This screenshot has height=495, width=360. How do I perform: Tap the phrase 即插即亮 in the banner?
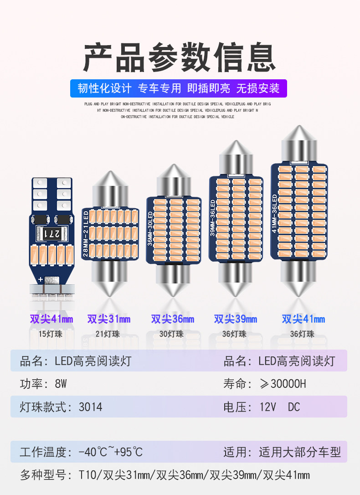pyautogui.click(x=209, y=88)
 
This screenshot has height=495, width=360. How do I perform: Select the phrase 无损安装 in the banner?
pyautogui.click(x=257, y=88)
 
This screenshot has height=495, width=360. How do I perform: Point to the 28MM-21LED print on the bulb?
pyautogui.click(x=85, y=232)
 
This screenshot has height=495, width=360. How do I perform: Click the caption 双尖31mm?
pyautogui.click(x=109, y=319)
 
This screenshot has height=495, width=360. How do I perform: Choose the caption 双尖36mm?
pyautogui.click(x=173, y=319)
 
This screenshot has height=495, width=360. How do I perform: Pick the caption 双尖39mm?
pyautogui.click(x=236, y=319)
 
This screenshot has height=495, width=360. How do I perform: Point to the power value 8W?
pyautogui.click(x=61, y=384)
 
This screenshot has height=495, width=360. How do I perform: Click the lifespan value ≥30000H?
pyautogui.click(x=283, y=384)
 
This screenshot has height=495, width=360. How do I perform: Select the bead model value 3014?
pyautogui.click(x=90, y=407)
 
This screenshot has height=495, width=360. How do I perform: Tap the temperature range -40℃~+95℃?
pyautogui.click(x=110, y=452)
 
